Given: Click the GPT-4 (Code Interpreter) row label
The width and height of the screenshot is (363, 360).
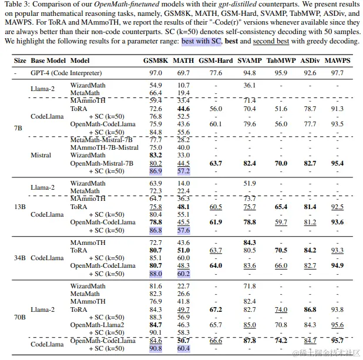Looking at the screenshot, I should (66, 73).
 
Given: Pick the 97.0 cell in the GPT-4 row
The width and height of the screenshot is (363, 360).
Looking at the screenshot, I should (156, 73).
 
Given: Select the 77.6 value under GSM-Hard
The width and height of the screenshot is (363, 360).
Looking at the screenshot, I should (215, 73).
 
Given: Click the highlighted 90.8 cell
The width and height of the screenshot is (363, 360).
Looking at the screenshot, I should (156, 348).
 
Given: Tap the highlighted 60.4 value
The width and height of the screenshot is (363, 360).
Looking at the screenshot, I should (183, 348).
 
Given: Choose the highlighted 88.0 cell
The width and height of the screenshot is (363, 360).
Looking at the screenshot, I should (156, 273).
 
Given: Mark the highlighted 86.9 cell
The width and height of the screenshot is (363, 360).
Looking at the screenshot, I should (156, 171).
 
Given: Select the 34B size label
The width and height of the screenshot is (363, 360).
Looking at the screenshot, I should (20, 258).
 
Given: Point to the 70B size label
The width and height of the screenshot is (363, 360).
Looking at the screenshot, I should (20, 317).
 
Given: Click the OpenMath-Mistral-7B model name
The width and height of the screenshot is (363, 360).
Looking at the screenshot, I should (102, 163).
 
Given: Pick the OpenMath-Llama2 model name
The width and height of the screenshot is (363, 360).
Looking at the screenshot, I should (98, 325).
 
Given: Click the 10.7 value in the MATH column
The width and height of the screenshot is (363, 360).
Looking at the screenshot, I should (183, 85).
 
